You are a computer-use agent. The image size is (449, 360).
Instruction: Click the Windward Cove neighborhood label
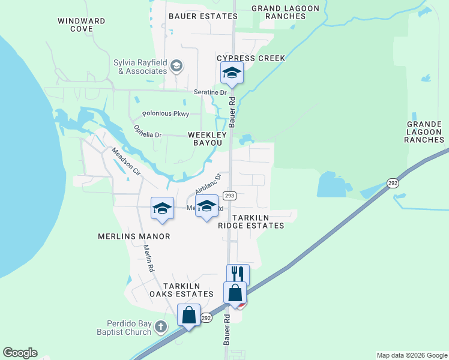coord(81,25)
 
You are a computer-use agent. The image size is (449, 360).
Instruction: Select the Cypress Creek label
coord(251,58)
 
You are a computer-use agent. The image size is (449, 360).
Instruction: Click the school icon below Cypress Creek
coord(232,73)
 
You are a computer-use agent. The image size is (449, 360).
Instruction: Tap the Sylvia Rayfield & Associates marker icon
coord(176,65)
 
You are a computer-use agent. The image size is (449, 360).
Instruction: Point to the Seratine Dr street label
coord(210,92)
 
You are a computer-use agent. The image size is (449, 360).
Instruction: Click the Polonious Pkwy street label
coord(165,113)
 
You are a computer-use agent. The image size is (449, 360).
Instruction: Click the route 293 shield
coord(229,196)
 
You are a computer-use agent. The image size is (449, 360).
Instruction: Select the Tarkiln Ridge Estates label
coord(251,221)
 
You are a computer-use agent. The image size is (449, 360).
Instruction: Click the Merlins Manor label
coord(134,236)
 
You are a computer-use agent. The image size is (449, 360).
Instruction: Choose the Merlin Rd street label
coord(149,259)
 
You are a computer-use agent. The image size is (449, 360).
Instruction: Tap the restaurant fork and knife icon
coord(238,274)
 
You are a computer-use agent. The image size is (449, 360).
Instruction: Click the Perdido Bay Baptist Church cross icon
coord(160,327)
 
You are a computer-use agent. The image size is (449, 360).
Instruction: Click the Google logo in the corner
coord(20,353)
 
